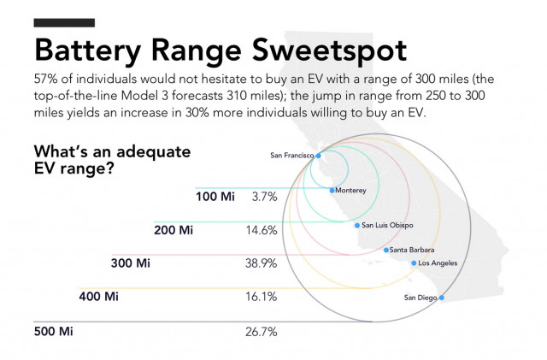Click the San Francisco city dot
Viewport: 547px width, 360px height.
click(x=318, y=156)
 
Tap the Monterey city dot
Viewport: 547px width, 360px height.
click(x=332, y=190)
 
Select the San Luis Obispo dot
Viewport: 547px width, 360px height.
click(x=357, y=225)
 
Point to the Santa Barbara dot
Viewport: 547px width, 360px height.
click(x=386, y=250)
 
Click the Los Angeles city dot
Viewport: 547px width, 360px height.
click(x=415, y=263)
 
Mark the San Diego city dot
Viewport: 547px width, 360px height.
click(x=441, y=298)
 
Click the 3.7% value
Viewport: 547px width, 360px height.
click(x=264, y=197)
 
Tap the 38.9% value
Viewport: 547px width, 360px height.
click(x=262, y=263)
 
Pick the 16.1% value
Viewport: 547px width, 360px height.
click(x=262, y=297)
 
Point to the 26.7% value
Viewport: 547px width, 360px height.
click(x=262, y=331)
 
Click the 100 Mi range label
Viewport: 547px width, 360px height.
click(x=215, y=197)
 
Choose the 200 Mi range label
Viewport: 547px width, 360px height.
click(x=174, y=230)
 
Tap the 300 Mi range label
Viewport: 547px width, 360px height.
click(x=131, y=263)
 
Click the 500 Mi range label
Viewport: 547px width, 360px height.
click(x=52, y=331)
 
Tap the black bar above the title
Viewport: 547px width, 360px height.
click(x=63, y=22)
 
